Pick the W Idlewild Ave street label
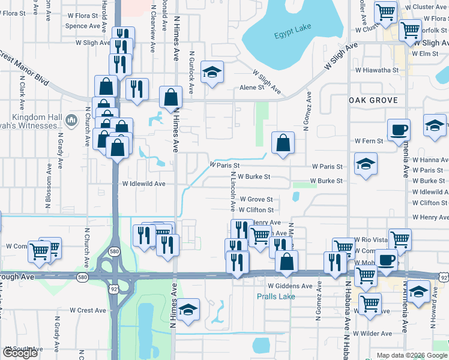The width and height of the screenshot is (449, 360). [143, 184]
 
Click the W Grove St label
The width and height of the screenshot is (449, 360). [256, 199]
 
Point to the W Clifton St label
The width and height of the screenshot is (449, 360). [256, 210]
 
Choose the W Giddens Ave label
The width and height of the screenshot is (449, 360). [290, 286]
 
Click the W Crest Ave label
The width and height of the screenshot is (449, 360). [88, 310]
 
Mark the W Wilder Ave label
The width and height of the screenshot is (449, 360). [372, 333]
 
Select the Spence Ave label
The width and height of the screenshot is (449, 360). [82, 26]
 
